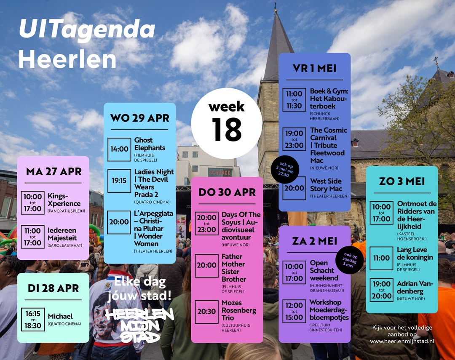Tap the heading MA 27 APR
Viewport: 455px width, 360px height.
pyautogui.click(x=53, y=172)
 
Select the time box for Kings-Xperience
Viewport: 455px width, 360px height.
pyautogui.click(x=32, y=203)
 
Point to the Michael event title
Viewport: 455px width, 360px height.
pyautogui.click(x=60, y=316)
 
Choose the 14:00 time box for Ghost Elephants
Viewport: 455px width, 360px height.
pyautogui.click(x=119, y=149)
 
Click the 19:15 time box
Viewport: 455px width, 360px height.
pyautogui.click(x=119, y=181)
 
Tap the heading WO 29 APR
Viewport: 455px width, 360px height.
pyautogui.click(x=139, y=118)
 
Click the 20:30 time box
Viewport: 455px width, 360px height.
pyautogui.click(x=207, y=312)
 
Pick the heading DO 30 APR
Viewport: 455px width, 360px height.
pyautogui.click(x=227, y=192)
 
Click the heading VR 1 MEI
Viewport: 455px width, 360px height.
pyautogui.click(x=314, y=69)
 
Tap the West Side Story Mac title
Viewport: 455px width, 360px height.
pyautogui.click(x=326, y=185)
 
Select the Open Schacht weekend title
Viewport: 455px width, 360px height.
pyautogui.click(x=324, y=270)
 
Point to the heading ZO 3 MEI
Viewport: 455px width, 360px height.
pyautogui.click(x=401, y=181)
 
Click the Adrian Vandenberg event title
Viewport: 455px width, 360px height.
pyautogui.click(x=415, y=288)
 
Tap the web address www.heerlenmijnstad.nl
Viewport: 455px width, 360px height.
pyautogui.click(x=402, y=341)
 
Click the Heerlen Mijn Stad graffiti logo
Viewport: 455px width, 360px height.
pyautogui.click(x=139, y=324)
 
